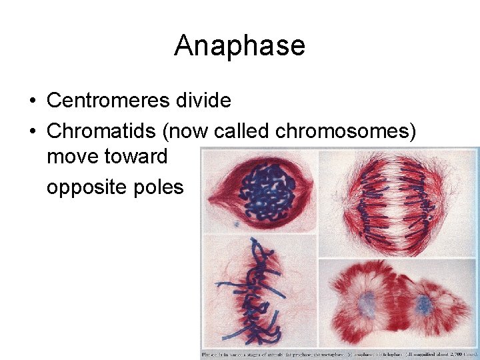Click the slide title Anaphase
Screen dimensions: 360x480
pyautogui.click(x=239, y=46)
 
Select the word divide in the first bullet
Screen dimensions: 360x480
pyautogui.click(x=204, y=101)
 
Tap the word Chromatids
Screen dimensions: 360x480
pyautogui.click(x=98, y=131)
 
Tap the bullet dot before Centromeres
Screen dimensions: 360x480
pyautogui.click(x=32, y=101)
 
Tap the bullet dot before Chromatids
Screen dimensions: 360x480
pyautogui.click(x=32, y=132)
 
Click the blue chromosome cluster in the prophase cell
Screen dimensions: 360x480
pyautogui.click(x=267, y=191)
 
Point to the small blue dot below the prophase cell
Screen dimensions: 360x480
pyautogui.click(x=236, y=225)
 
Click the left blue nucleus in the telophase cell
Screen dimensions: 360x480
pyautogui.click(x=365, y=303)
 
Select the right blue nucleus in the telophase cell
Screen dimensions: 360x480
pyautogui.click(x=423, y=305)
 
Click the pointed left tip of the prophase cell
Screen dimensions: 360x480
pyautogui.click(x=208, y=196)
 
